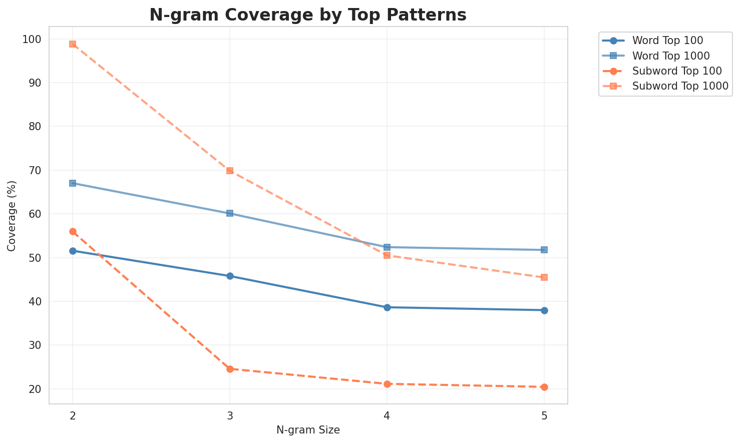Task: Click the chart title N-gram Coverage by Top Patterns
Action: click(308, 15)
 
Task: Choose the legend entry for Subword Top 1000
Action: click(680, 86)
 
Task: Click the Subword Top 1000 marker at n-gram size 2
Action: click(73, 44)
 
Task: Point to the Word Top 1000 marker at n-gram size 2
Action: click(73, 183)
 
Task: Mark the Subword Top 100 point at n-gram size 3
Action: click(230, 369)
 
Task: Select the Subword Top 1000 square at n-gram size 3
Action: click(230, 171)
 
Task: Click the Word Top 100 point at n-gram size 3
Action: click(230, 276)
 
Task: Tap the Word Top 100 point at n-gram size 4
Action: click(387, 307)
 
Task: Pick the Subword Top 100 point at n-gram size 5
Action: click(544, 387)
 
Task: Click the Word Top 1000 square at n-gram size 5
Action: click(544, 250)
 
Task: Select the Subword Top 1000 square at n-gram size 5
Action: click(544, 277)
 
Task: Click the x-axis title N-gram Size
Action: click(308, 430)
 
